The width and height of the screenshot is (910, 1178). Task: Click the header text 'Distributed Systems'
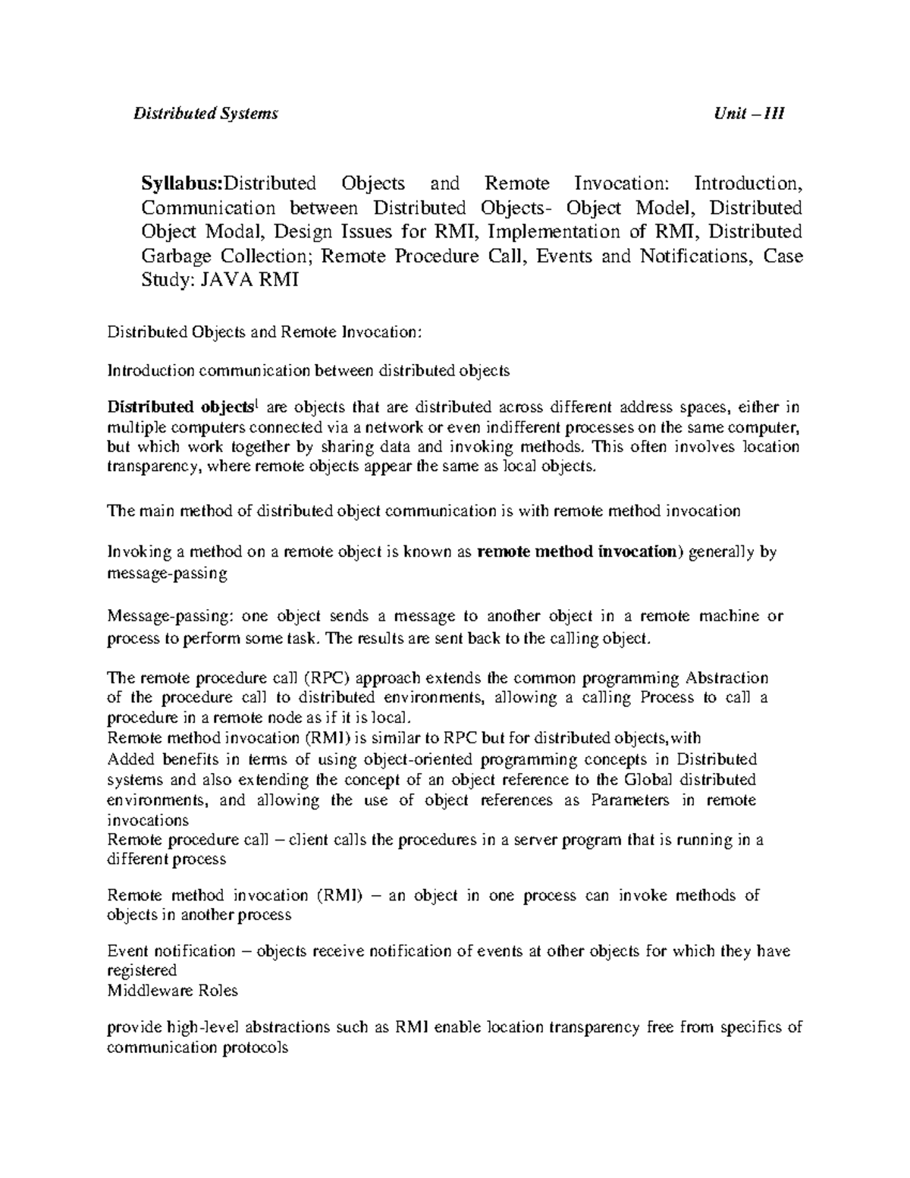[x=206, y=114]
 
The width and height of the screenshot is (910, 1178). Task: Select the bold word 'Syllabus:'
[x=183, y=184]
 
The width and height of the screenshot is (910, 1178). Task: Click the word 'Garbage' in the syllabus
[x=171, y=256]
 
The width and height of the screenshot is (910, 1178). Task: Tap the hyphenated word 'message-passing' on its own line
[x=167, y=573]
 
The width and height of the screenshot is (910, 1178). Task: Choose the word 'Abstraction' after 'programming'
[x=726, y=678]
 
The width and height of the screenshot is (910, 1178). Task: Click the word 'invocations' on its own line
[x=148, y=820]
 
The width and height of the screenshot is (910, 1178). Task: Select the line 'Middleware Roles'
[x=172, y=990]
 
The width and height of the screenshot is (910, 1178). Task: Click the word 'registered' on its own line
[x=142, y=970]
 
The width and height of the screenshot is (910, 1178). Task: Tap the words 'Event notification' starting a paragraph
[x=171, y=950]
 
